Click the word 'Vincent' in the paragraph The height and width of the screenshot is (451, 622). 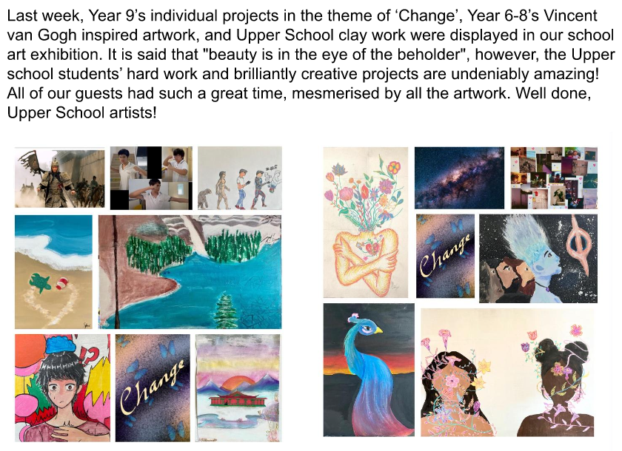click(x=570, y=16)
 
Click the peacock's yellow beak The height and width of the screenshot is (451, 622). click(x=378, y=329)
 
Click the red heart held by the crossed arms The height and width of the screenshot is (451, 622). click(x=372, y=249)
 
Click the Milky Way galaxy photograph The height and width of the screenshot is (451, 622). click(x=459, y=177)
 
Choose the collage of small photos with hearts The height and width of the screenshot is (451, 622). click(x=554, y=177)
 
